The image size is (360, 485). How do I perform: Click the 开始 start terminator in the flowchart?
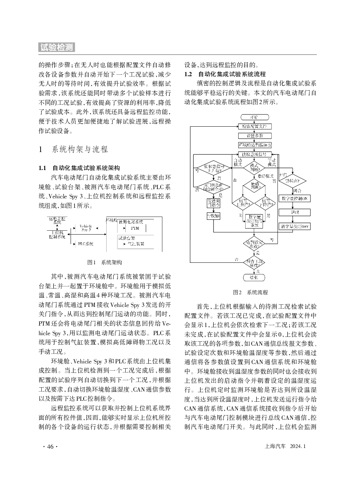click(x=254, y=117)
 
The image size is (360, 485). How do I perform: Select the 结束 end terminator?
click(x=254, y=278)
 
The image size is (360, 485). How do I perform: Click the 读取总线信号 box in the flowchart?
click(x=254, y=154)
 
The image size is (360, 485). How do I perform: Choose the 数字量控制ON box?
click(x=295, y=199)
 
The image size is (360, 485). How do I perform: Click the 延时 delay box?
click(x=295, y=212)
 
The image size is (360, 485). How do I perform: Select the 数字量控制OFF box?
click(x=295, y=226)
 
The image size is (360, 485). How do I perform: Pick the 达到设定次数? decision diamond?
click(x=254, y=244)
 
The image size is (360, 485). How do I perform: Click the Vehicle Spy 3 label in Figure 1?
click(x=86, y=228)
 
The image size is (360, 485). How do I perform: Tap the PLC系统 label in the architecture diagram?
click(x=85, y=243)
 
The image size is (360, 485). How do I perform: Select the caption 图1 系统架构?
click(x=105, y=262)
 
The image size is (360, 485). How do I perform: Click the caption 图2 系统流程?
click(x=251, y=292)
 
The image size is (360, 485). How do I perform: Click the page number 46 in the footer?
click(x=50, y=447)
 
